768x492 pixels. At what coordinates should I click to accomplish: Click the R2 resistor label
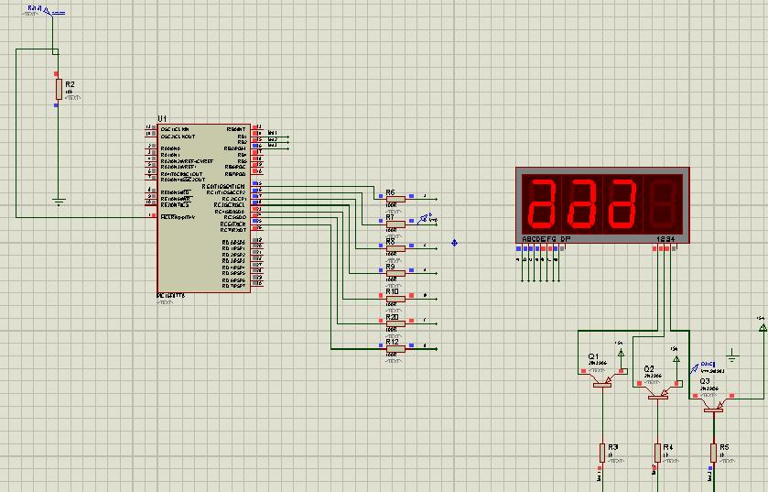[70, 84]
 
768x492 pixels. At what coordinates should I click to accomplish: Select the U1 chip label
[162, 119]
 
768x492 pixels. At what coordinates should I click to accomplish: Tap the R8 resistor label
[390, 242]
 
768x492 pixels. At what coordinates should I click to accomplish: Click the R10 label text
[391, 291]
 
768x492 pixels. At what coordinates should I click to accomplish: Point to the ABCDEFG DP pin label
[546, 239]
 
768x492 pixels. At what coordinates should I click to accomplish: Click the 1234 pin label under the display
[665, 239]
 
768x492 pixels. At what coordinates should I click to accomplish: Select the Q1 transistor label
[593, 355]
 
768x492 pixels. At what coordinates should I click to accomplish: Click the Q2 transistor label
[648, 368]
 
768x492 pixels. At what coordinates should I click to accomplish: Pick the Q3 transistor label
[704, 381]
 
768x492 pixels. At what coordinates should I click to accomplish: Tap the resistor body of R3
[601, 452]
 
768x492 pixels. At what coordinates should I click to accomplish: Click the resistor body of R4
[657, 452]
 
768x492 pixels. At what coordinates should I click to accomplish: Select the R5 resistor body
[713, 452]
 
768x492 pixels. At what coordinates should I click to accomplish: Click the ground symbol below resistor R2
[58, 200]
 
